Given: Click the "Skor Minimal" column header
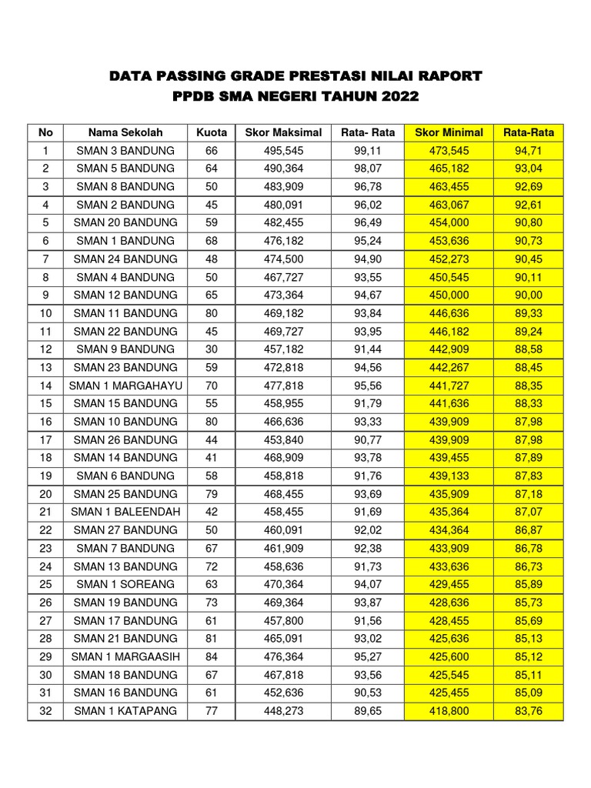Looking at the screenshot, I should pos(449,132).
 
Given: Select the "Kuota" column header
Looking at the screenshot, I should pos(212,132).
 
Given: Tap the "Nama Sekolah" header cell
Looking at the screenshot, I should pos(125,132).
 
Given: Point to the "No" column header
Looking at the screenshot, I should pos(45,132).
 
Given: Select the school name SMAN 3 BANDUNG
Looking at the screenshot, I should pos(125,150).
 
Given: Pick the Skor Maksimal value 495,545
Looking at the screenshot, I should pos(283,150).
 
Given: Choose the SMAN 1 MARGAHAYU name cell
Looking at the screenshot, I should pos(125,386).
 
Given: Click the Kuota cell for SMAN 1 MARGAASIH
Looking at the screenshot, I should pos(212,656).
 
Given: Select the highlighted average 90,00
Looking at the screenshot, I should pos(529,295).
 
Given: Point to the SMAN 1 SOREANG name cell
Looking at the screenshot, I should pos(125,584).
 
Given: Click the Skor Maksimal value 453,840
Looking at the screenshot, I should pos(283,439).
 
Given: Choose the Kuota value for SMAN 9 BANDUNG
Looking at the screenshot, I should pos(212,349).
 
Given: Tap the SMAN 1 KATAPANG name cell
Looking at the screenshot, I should pos(125,711).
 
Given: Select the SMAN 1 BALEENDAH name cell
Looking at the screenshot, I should pos(125,512).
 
